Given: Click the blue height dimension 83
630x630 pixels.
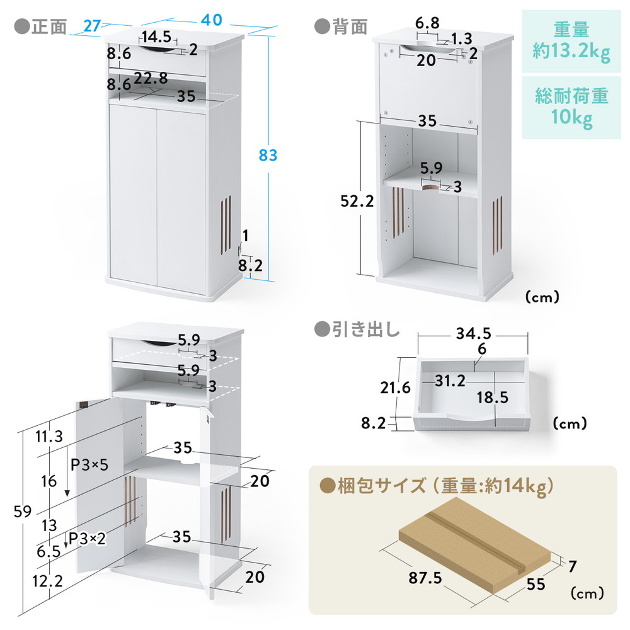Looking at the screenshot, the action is point(268,155).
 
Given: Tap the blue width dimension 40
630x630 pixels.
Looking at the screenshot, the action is point(211,20).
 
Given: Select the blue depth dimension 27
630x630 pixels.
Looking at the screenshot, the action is point(92,26).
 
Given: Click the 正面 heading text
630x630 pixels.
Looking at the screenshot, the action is point(49,27).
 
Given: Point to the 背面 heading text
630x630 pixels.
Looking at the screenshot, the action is point(350,27).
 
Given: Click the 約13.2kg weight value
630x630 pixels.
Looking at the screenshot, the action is point(571,52).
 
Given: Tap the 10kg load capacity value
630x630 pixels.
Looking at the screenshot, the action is point(571,117).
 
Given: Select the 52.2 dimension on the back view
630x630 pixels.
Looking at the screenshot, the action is point(357,201).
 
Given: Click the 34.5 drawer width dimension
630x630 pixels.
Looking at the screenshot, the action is point(473,333).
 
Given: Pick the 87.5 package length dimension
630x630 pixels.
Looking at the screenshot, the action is point(425,578).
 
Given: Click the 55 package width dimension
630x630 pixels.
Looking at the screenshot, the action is point(535,584).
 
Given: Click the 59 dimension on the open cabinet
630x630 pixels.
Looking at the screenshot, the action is point(23,512).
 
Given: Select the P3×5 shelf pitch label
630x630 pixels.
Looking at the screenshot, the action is point(89,465).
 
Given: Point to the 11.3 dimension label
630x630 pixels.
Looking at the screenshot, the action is point(49,436).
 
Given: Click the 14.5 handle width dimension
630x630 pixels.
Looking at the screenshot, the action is point(156,37).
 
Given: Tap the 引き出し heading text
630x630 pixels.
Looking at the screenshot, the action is point(365,329).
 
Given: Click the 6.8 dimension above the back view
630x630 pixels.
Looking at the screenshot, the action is point(427,23).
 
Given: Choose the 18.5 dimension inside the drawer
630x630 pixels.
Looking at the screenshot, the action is point(493,398).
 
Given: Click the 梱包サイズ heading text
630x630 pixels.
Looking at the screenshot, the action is point(382,486).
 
